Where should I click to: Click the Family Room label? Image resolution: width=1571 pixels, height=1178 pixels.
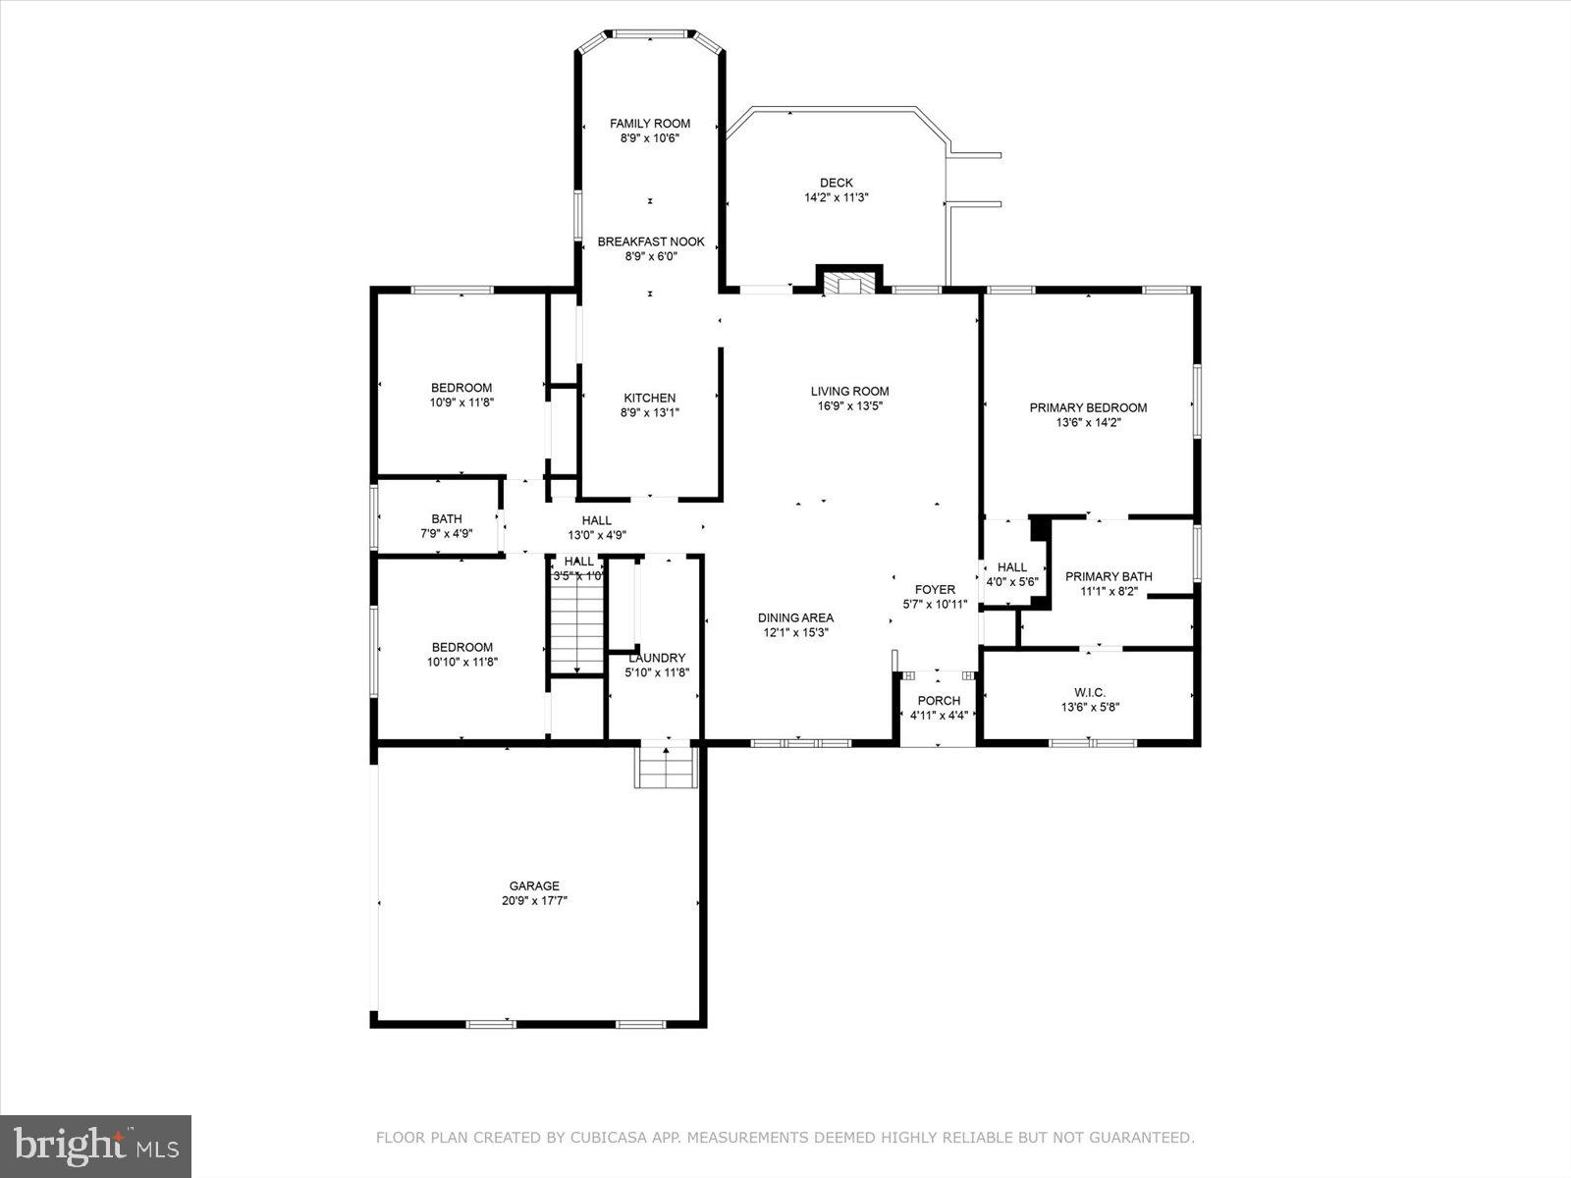[649, 124]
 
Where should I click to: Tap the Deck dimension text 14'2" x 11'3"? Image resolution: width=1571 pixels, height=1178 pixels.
[837, 197]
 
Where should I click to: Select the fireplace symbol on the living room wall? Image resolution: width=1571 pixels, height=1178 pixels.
[849, 283]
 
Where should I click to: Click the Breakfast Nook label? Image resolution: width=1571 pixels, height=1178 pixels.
[651, 241]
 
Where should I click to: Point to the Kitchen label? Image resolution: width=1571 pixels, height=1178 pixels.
[649, 398]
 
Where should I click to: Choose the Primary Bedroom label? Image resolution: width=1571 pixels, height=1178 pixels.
[1088, 407]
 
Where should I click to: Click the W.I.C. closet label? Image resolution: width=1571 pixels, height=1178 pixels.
[1089, 692]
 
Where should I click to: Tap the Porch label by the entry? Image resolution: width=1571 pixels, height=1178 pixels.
[939, 701]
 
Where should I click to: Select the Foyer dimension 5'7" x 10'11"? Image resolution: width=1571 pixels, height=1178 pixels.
[935, 605]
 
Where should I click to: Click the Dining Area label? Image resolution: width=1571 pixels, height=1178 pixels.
[795, 617]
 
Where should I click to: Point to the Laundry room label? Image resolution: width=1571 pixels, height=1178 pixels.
[657, 658]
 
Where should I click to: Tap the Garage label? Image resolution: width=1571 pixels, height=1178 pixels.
[534, 885]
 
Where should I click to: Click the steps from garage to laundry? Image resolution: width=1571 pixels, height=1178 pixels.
[667, 767]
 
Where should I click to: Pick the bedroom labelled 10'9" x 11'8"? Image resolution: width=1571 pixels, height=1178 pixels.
[461, 388]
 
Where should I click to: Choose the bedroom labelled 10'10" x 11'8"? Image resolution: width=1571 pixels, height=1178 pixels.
[461, 647]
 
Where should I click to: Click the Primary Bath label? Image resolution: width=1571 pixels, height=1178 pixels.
[1109, 576]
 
